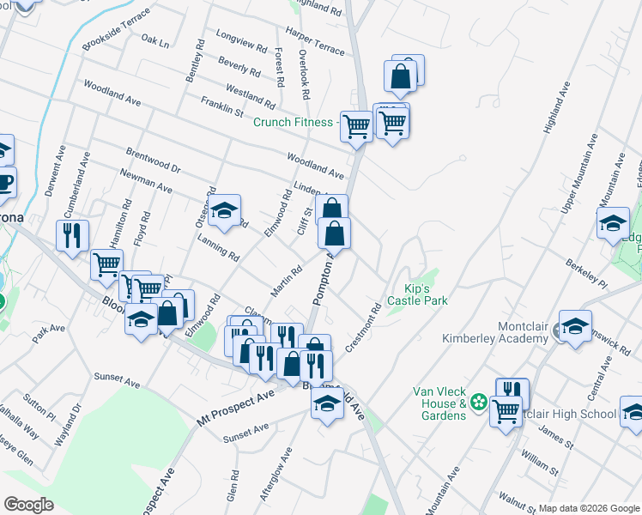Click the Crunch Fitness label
pos(293,122)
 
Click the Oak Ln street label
pos(155,41)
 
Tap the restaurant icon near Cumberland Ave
pos(72,234)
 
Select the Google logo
pos(29,505)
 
